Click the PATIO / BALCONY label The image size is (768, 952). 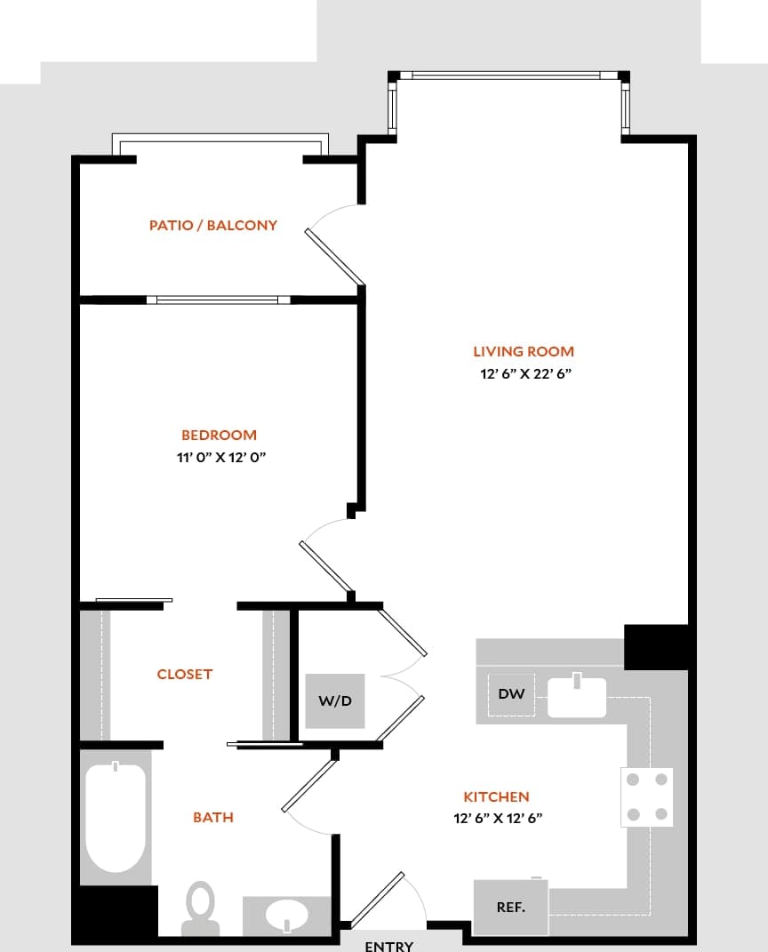click(x=213, y=226)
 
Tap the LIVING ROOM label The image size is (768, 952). click(x=524, y=351)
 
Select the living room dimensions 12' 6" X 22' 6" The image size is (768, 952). click(x=524, y=374)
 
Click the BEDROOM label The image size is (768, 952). click(x=219, y=435)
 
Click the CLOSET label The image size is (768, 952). click(x=185, y=675)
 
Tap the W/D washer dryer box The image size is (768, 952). click(x=335, y=700)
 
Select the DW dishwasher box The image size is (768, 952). click(x=511, y=694)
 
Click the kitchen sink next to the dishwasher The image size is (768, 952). click(x=576, y=696)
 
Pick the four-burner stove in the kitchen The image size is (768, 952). click(x=646, y=796)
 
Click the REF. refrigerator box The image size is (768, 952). click(x=510, y=908)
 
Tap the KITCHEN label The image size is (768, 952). click(x=496, y=797)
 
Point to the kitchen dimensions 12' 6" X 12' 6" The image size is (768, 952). click(x=498, y=820)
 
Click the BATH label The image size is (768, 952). click(x=213, y=817)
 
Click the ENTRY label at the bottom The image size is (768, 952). click(x=388, y=946)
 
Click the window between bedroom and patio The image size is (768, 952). click(x=219, y=300)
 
